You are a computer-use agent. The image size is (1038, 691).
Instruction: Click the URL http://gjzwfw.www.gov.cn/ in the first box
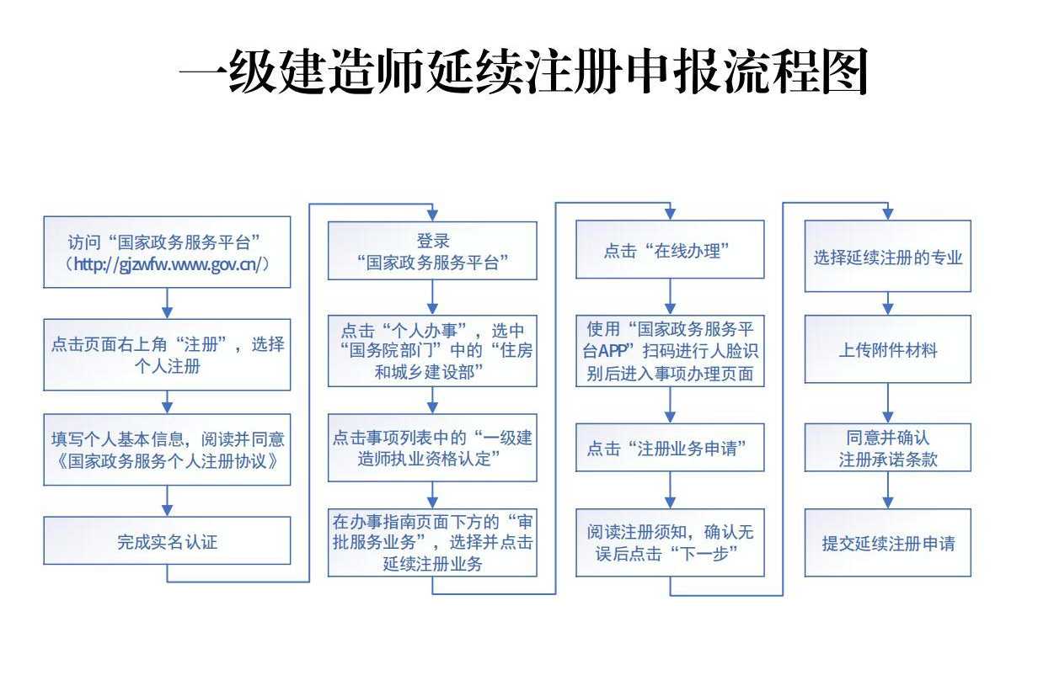[x=167, y=263]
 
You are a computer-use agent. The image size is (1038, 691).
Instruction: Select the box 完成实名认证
[x=167, y=541]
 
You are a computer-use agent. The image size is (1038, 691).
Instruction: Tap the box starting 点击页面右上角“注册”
[x=167, y=355]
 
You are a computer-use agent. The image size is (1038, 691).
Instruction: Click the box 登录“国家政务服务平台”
[x=432, y=250]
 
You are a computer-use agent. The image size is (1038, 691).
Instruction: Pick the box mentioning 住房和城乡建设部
[x=432, y=352]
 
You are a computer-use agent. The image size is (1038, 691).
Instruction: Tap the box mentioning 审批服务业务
[x=432, y=542]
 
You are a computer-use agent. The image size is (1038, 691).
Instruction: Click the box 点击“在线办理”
[x=670, y=250]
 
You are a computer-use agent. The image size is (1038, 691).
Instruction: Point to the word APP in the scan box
[x=608, y=351]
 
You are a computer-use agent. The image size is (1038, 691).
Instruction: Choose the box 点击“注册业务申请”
[x=670, y=447]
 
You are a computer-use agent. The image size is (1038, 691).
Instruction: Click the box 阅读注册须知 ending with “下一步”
[x=670, y=542]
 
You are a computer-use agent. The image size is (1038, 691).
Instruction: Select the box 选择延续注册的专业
[x=887, y=257]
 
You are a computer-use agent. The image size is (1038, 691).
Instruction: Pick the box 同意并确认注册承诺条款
[x=887, y=448]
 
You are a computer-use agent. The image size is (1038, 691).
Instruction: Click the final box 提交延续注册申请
[x=887, y=543]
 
